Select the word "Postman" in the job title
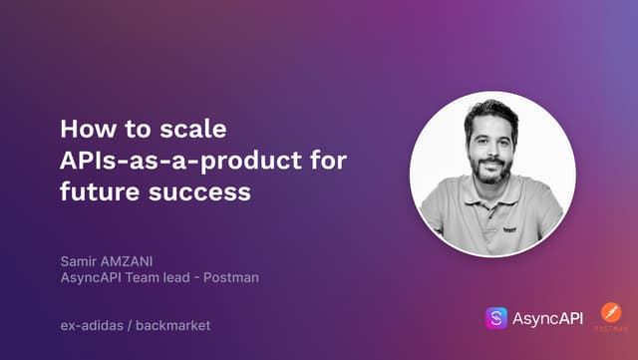click(x=232, y=277)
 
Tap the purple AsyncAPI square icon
click(x=495, y=318)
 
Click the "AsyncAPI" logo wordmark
click(x=548, y=318)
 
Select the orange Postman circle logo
click(x=611, y=312)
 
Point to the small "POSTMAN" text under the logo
click(x=611, y=329)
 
